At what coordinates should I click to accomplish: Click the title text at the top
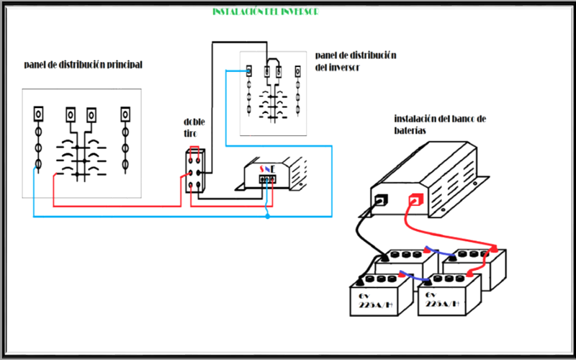click(x=266, y=12)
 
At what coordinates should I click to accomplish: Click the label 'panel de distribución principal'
click(x=83, y=65)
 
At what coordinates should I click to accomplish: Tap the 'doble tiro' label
click(x=194, y=127)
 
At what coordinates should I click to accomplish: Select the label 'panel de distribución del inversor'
click(x=356, y=61)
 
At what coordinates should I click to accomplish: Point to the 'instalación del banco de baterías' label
click(x=441, y=124)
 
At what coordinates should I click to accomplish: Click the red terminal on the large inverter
click(x=415, y=200)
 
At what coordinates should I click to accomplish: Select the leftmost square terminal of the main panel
click(x=39, y=114)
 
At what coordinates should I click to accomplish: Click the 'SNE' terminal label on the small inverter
click(x=266, y=169)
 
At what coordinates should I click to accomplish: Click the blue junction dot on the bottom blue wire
click(x=267, y=215)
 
